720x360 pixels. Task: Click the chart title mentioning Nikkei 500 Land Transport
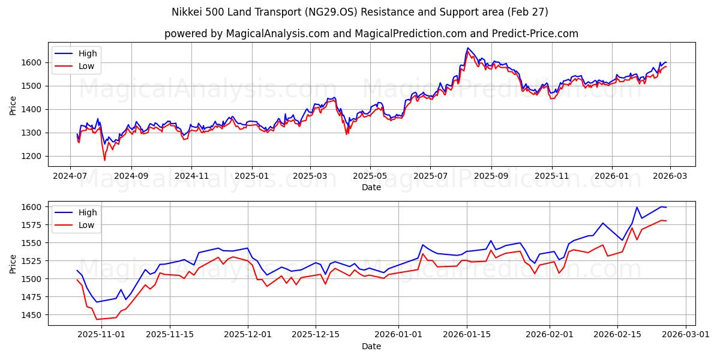[359, 12]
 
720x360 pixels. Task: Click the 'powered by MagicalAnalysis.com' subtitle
[371, 34]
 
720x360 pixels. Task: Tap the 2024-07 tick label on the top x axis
[71, 175]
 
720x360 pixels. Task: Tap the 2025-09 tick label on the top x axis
[491, 175]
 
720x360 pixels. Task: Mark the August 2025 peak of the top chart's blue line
[467, 48]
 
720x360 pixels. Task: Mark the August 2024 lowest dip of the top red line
[104, 160]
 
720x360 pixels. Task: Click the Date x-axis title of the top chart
[371, 187]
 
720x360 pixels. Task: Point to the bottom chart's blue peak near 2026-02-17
[637, 208]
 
